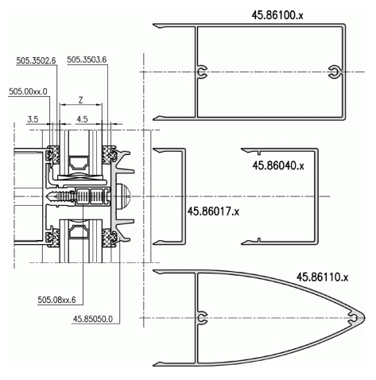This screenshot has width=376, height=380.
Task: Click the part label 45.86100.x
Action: pyautogui.click(x=277, y=15)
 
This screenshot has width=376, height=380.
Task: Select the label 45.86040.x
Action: pyautogui.click(x=278, y=165)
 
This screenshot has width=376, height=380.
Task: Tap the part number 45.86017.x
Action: pyautogui.click(x=213, y=211)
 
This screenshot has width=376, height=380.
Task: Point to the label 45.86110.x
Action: pyautogui.click(x=322, y=277)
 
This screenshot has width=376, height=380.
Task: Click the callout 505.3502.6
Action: pyautogui.click(x=36, y=60)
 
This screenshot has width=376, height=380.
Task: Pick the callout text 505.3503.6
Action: pyautogui.click(x=87, y=60)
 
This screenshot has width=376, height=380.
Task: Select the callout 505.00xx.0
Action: pyautogui.click(x=28, y=91)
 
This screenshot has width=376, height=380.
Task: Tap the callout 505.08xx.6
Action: pyautogui.click(x=56, y=300)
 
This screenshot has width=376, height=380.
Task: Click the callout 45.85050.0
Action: pyautogui.click(x=93, y=319)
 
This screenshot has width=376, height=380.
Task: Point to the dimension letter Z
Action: pyautogui.click(x=81, y=100)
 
